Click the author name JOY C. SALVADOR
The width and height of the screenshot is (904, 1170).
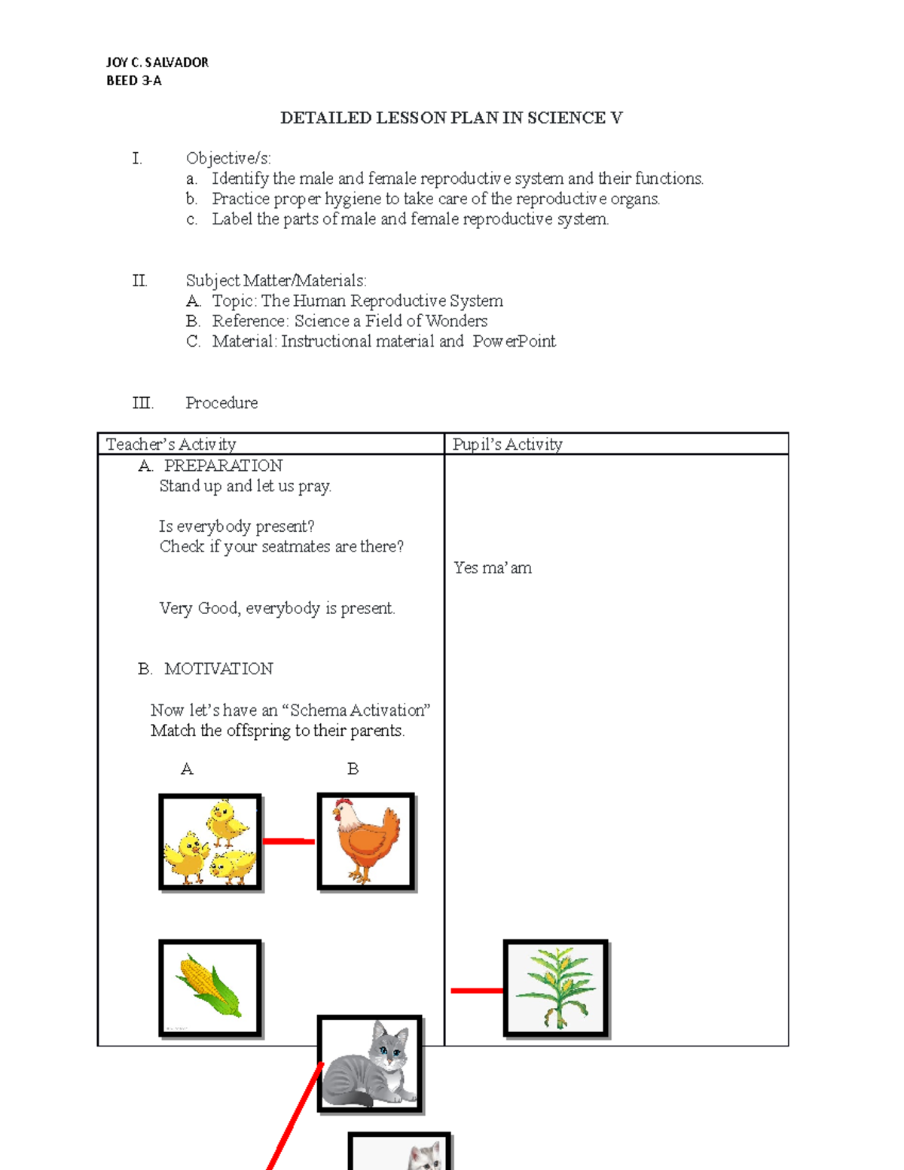157,63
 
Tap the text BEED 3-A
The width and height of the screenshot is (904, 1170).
134,81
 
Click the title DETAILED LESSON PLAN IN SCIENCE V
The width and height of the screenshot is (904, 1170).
451,118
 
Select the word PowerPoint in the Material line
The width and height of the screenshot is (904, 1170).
515,341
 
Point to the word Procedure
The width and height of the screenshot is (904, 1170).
221,403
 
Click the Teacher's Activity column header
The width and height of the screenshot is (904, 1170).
171,444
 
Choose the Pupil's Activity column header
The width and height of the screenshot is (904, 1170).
507,444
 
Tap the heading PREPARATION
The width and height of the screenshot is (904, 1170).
223,466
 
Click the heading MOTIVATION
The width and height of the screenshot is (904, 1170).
218,669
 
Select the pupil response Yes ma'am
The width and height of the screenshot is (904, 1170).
493,568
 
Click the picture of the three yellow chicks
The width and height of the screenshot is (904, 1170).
210,842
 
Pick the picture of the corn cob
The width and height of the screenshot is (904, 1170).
210,988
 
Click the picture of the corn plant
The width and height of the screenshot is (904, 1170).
555,988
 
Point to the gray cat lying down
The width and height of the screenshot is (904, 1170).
369,1064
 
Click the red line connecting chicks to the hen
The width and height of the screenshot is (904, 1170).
289,841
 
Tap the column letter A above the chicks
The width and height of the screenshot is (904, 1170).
187,769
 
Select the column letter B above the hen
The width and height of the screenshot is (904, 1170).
353,769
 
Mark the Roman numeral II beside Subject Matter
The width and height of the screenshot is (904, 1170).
140,281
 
